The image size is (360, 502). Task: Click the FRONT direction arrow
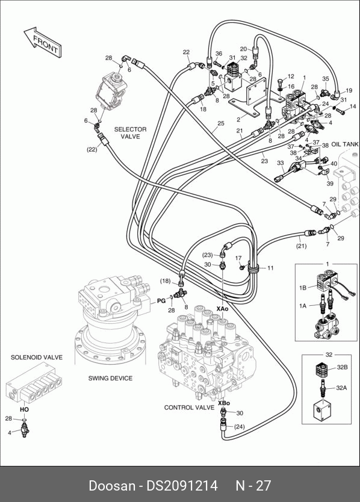click(x=43, y=43)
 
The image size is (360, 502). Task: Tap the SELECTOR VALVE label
click(x=131, y=133)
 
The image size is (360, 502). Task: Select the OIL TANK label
click(x=345, y=144)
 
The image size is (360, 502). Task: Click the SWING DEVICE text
click(x=110, y=378)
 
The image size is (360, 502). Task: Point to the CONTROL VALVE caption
click(x=189, y=407)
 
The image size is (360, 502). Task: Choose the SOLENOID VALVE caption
click(x=37, y=357)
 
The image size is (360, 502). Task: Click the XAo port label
click(x=222, y=309)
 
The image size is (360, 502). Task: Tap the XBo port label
click(x=224, y=403)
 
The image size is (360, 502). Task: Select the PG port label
click(x=161, y=300)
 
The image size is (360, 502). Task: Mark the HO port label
click(x=24, y=409)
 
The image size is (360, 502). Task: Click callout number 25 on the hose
click(x=221, y=123)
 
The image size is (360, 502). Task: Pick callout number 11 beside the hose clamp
click(x=270, y=268)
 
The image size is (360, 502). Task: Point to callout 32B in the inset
click(x=342, y=367)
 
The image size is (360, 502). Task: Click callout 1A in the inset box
click(x=303, y=306)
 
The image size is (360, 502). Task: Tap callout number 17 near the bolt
click(x=238, y=258)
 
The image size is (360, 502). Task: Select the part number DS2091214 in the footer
click(x=182, y=485)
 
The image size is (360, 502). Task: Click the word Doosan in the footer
click(x=112, y=485)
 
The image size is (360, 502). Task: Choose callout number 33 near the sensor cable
click(x=281, y=163)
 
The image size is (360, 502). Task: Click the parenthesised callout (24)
click(x=239, y=426)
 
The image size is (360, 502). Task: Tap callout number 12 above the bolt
click(x=291, y=76)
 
